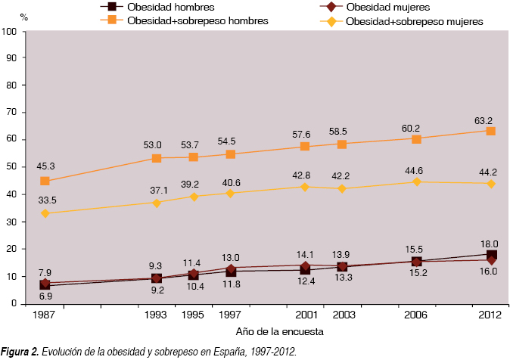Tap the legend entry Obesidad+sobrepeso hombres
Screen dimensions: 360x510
(x=197, y=21)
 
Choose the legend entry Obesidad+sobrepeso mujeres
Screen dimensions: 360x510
(x=414, y=22)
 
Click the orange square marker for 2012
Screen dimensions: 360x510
(x=490, y=131)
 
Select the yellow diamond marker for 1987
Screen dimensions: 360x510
(x=45, y=213)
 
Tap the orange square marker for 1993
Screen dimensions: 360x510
(x=157, y=158)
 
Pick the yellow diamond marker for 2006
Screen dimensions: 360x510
(x=416, y=182)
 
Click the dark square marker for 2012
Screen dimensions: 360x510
(x=491, y=255)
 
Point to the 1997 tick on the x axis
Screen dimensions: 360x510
(x=231, y=314)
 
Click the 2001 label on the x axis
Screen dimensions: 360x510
(x=305, y=314)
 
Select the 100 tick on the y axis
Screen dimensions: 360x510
(x=10, y=32)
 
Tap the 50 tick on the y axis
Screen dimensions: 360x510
(x=12, y=168)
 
